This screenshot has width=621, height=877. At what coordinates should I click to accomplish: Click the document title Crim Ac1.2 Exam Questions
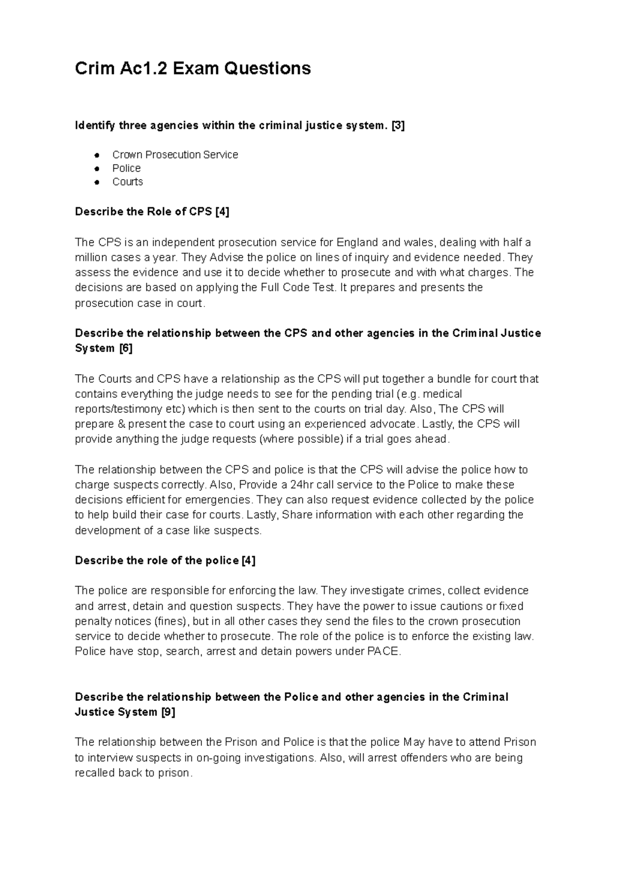pyautogui.click(x=193, y=68)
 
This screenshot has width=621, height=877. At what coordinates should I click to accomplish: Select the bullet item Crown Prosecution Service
pyautogui.click(x=175, y=155)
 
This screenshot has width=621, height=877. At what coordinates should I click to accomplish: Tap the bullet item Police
pyautogui.click(x=126, y=168)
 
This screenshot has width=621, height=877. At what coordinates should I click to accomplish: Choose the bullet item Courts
pyautogui.click(x=127, y=182)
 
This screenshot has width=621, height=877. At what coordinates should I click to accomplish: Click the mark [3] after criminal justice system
pyautogui.click(x=398, y=126)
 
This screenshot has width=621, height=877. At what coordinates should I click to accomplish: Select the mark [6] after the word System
pyautogui.click(x=126, y=348)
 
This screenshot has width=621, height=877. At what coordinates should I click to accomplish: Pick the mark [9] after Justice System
pyautogui.click(x=168, y=712)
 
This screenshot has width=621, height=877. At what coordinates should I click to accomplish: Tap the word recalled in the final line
pyautogui.click(x=95, y=773)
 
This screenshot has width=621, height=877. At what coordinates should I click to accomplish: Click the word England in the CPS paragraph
pyautogui.click(x=357, y=242)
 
